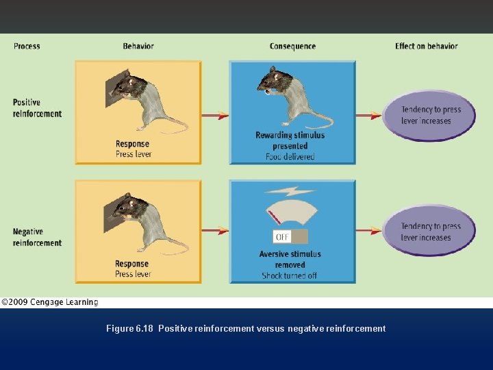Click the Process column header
coord(27,46)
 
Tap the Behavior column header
coord(138,46)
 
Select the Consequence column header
coord(292,46)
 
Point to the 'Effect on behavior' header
coord(426,46)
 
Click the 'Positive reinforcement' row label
coord(37,108)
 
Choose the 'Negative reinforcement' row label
coord(37,237)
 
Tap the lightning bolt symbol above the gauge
coord(290,191)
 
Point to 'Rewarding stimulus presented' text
coord(290,140)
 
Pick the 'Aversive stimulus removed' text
coord(291,259)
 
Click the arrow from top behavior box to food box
coord(215,116)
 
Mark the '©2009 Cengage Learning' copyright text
coord(49,302)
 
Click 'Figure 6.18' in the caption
coord(129,329)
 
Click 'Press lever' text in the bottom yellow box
coord(133,274)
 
